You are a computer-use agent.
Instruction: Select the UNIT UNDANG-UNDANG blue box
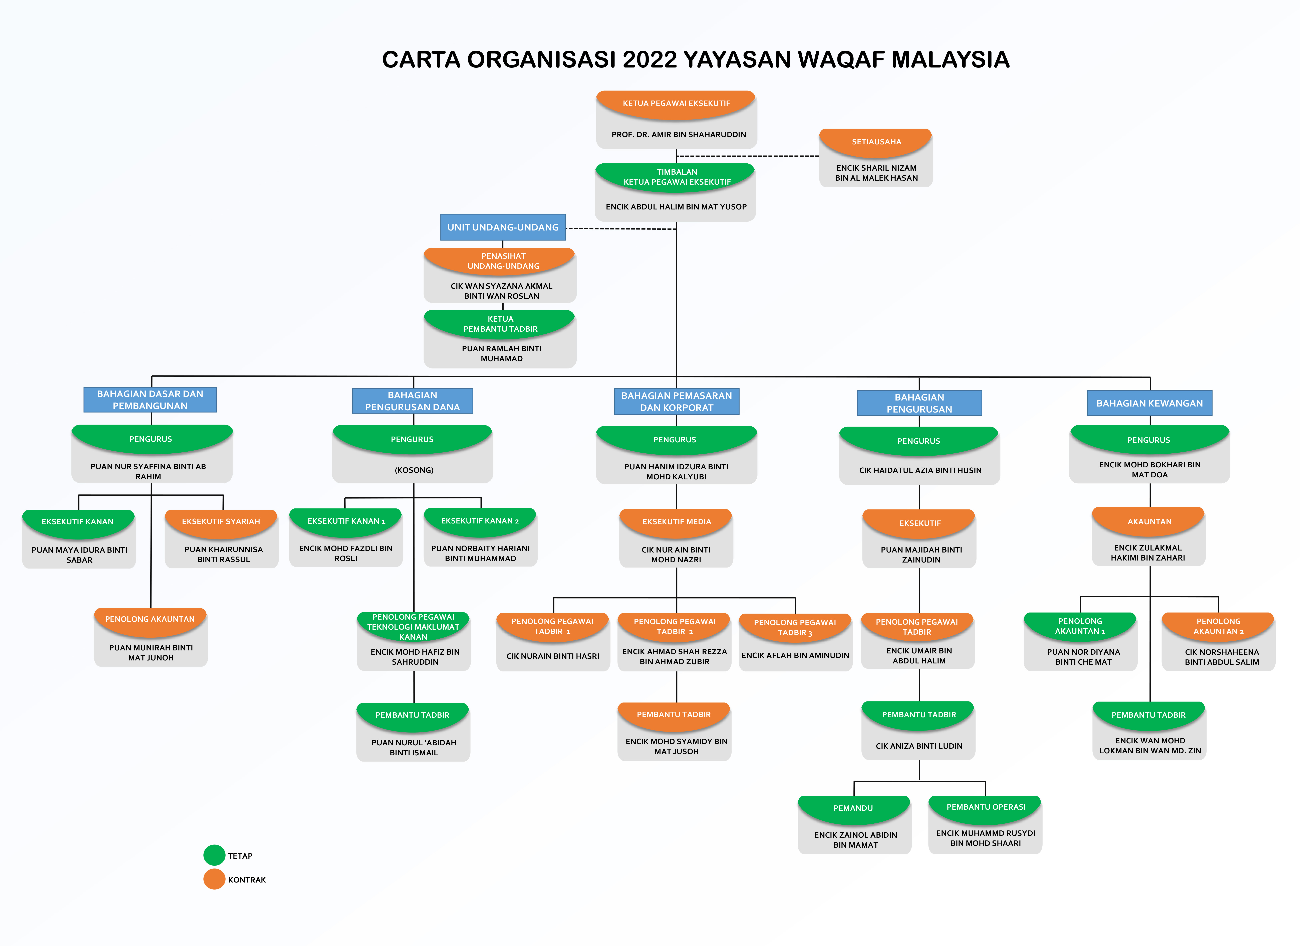[503, 227]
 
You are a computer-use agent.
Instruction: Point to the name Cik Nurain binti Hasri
[553, 656]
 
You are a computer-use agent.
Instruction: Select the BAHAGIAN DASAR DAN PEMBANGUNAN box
[150, 400]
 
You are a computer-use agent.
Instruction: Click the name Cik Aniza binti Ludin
[919, 746]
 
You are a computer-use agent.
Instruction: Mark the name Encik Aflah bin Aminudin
[795, 655]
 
